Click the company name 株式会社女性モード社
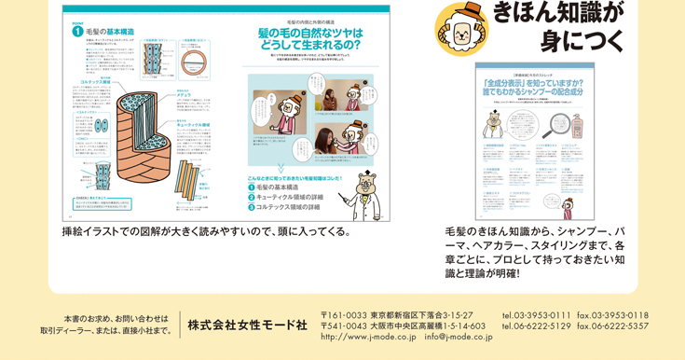coord(247,325)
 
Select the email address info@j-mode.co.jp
coord(459,337)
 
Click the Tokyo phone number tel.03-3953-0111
coord(536,315)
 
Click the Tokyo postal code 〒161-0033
coord(345,315)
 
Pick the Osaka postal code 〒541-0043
coord(345,326)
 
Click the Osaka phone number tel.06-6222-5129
coord(536,326)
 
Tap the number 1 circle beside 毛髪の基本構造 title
coord(77,30)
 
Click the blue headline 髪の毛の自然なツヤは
coord(311,33)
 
